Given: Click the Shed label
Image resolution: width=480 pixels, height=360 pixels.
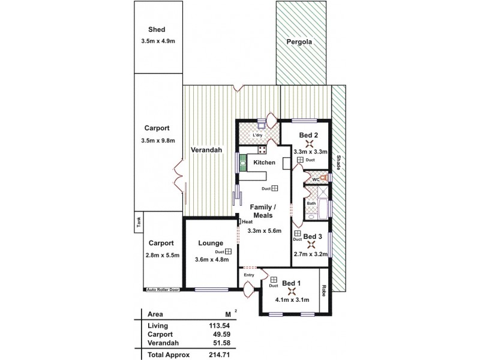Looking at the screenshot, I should tap(157, 29).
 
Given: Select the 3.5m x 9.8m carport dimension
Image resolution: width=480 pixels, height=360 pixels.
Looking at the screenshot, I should tap(157, 141).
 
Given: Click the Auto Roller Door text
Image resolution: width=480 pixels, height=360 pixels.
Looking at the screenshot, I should tap(163, 290).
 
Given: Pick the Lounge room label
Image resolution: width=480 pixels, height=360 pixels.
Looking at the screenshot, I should tap(211, 243).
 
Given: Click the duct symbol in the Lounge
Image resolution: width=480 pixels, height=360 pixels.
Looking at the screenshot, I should tap(228, 252).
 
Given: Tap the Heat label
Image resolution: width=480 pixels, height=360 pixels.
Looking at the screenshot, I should tap(247, 221).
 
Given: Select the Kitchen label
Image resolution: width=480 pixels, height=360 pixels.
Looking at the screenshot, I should tap(264, 163).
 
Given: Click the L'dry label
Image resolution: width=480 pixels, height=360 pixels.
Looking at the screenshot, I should tap(258, 136).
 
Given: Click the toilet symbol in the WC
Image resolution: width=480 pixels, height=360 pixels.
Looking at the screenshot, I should tap(325, 179).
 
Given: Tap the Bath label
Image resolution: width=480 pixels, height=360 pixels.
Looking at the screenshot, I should tap(311, 203).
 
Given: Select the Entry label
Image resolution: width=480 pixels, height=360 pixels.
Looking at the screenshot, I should tap(249, 275).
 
